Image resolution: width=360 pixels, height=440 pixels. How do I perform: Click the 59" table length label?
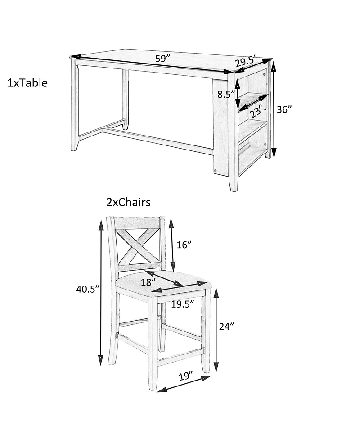(163, 59)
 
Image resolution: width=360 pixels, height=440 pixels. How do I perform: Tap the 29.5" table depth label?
(246, 61)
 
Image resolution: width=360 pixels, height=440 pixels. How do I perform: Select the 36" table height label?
(284, 109)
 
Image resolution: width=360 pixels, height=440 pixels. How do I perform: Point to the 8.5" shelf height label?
(226, 95)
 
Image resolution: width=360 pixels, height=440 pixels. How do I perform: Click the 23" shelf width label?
(256, 111)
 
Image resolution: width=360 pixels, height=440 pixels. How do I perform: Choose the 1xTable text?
(27, 83)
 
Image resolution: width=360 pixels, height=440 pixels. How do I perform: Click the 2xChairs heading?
(128, 202)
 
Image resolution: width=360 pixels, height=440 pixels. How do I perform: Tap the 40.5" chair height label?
(88, 289)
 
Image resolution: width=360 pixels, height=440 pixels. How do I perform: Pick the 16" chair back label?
(184, 245)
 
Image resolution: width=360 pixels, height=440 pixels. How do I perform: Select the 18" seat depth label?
(148, 282)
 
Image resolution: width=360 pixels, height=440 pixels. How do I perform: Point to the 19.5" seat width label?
(183, 304)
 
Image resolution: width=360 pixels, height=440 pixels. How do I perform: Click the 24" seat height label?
(226, 327)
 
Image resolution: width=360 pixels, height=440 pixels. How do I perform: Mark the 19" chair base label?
(185, 376)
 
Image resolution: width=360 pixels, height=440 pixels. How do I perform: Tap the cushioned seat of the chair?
(162, 283)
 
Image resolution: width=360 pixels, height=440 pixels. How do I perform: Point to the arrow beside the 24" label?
(216, 330)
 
